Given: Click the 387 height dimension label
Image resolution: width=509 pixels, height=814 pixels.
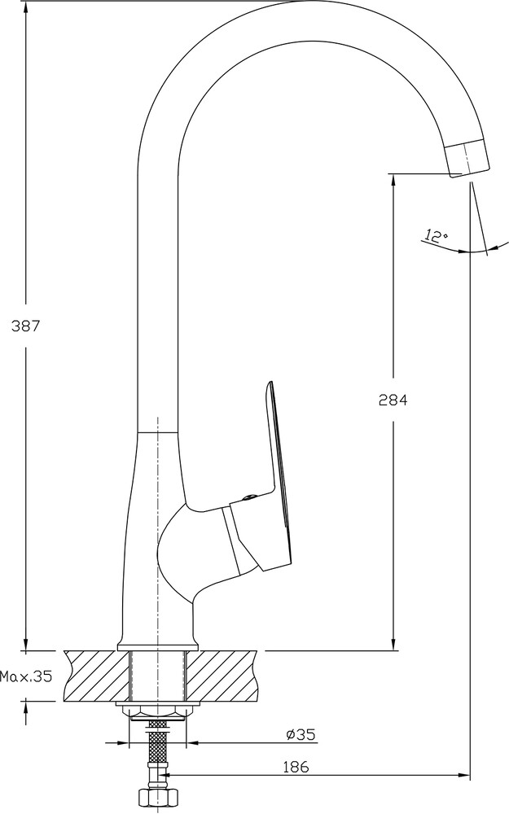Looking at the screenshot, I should (x=25, y=326).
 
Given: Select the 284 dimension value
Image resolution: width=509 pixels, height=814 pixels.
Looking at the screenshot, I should (x=392, y=400).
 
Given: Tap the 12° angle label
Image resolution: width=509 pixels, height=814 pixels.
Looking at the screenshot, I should (x=436, y=237).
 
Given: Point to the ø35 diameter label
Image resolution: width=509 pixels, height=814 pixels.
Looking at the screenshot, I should (x=301, y=735).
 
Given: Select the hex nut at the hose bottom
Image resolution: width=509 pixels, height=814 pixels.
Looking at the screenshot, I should (x=157, y=798).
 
